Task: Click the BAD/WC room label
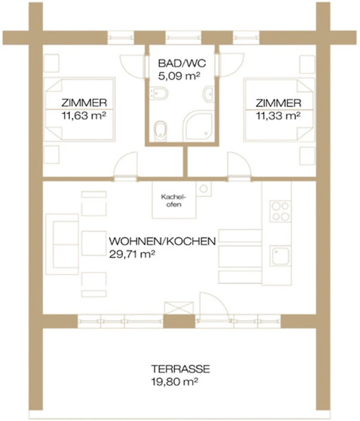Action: pos(182,63)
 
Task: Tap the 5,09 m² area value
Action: pos(179,76)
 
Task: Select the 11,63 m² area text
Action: pos(84,116)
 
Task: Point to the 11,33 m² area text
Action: pos(278,116)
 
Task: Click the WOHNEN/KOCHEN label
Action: pos(162,241)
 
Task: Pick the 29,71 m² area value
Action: pos(132,254)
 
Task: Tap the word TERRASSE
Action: pos(181,369)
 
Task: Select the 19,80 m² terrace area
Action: pos(175,382)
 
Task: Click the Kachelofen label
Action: pos(174,201)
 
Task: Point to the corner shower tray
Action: pos(198,125)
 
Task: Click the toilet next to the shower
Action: pos(161,131)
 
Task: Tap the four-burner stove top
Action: pos(281,211)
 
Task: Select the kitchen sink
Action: pos(281,256)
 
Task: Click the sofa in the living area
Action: pos(62,244)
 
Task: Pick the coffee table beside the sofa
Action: pos(94,243)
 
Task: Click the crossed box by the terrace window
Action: pos(179,308)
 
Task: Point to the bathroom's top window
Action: pos(183,37)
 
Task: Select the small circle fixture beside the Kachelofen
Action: pos(204,188)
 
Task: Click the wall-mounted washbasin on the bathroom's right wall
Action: pos(209,94)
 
